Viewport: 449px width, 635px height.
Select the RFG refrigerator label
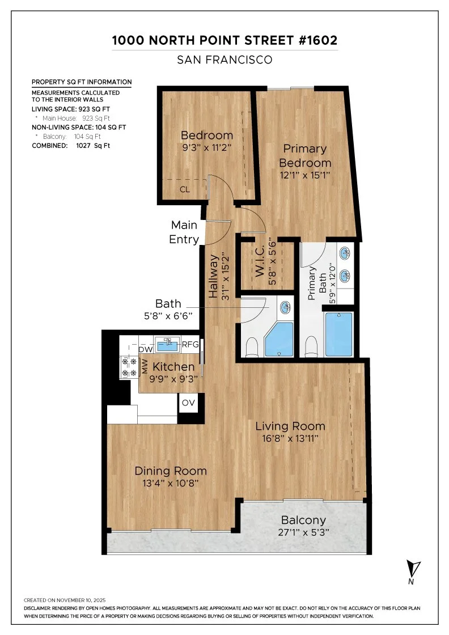(190, 344)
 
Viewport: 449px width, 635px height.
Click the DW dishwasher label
(145, 350)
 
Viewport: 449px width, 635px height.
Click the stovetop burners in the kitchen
(129, 366)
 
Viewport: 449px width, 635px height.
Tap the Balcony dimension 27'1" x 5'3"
(304, 533)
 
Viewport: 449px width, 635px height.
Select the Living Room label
(290, 426)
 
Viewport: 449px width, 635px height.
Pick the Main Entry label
(185, 232)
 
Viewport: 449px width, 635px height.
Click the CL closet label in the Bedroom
(185, 189)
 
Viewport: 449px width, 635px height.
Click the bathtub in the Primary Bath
(338, 334)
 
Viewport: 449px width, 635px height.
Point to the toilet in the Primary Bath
(311, 346)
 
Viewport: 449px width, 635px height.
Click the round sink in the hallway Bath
(286, 308)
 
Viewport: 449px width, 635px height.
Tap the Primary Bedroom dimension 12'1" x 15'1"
(304, 175)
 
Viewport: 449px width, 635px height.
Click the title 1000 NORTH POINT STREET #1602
(224, 41)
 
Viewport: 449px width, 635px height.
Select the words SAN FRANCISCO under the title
(224, 59)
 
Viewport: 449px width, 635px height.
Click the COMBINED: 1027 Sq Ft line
(71, 146)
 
